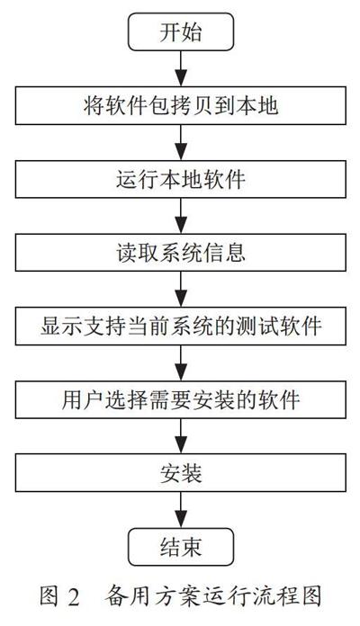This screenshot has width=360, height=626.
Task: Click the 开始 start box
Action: [x=181, y=32]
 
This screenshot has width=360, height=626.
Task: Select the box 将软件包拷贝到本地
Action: [x=181, y=106]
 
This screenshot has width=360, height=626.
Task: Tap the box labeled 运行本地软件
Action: [x=181, y=179]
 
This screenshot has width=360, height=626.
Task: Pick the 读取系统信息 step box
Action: [x=181, y=253]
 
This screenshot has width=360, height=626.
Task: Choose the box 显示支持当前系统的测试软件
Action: [x=181, y=326]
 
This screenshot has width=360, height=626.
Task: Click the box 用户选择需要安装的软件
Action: [x=181, y=399]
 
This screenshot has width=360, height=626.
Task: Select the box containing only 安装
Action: [x=181, y=473]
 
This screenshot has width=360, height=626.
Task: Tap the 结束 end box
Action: [x=181, y=547]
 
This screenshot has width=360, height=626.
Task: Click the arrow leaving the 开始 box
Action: [x=181, y=68]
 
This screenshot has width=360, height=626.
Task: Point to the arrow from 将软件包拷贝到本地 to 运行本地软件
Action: [x=181, y=142]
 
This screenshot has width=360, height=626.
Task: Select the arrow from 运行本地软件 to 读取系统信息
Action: [x=181, y=216]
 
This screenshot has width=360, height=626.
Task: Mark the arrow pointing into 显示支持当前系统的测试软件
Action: [x=181, y=290]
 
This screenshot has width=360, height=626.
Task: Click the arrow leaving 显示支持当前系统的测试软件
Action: [x=181, y=362]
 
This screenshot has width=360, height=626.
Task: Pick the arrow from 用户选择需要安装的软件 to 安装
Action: [x=181, y=436]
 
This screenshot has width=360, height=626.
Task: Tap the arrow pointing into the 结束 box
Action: [x=181, y=510]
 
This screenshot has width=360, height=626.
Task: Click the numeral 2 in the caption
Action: [x=74, y=597]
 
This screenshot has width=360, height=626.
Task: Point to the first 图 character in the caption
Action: [x=49, y=597]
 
